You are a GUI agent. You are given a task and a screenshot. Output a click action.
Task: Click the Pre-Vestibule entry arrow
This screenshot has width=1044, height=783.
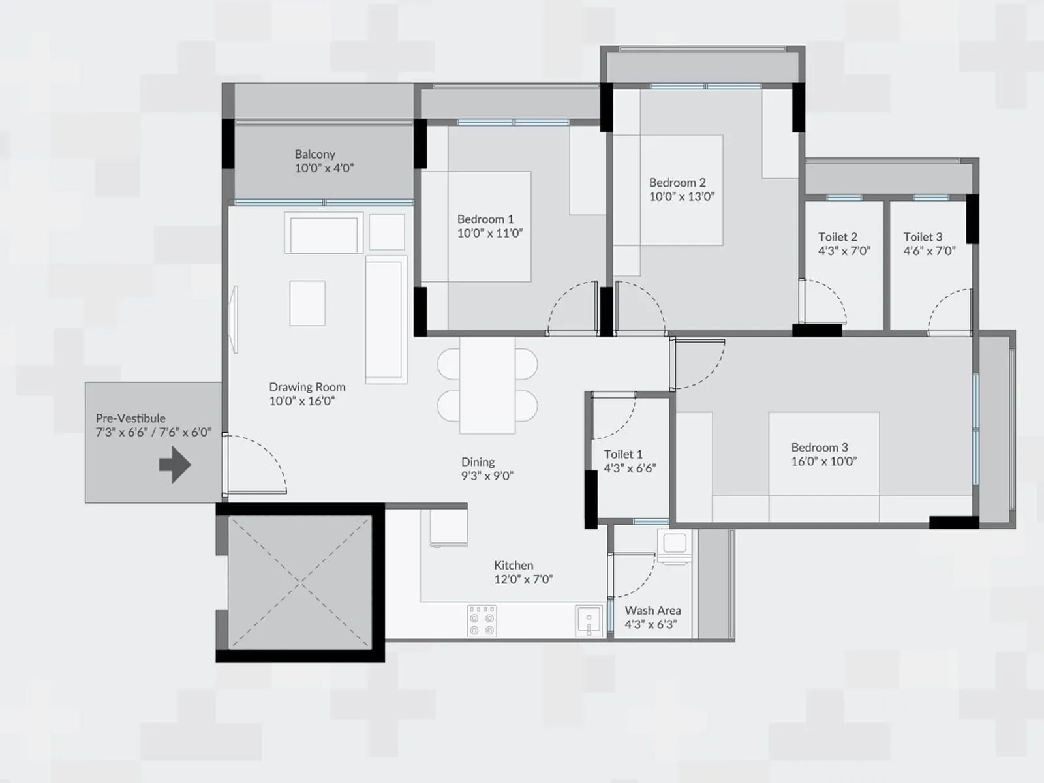tap(175, 465)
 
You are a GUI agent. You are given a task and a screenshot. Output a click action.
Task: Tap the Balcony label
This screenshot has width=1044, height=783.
tap(315, 154)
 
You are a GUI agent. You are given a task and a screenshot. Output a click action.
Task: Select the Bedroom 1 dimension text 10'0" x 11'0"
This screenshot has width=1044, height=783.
tap(490, 233)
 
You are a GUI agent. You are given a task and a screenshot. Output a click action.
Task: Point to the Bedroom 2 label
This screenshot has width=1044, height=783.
tap(677, 183)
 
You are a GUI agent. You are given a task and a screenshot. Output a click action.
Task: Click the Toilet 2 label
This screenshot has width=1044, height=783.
tap(838, 237)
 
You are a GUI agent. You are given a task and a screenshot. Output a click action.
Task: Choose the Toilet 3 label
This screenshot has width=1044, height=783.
tap(923, 237)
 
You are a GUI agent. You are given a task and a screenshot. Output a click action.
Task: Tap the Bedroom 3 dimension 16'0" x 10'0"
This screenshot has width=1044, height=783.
tap(824, 461)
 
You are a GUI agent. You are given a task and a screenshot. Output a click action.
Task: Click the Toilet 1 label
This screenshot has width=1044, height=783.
tap(623, 454)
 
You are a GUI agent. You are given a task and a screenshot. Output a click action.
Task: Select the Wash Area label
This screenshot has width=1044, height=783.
tap(652, 610)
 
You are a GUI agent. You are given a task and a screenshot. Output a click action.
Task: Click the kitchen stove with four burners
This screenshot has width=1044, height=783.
tap(482, 621)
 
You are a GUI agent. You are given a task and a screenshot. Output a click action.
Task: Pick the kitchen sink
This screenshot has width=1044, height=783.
tap(589, 621)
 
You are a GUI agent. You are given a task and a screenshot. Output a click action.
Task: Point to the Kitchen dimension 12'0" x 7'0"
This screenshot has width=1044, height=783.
tap(523, 579)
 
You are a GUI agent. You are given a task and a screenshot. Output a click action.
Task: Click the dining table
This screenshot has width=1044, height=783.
tap(487, 385)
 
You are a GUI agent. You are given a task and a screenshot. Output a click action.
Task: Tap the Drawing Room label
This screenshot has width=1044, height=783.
tap(307, 387)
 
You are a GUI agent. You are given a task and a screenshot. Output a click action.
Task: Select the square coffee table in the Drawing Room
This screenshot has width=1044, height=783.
tap(307, 303)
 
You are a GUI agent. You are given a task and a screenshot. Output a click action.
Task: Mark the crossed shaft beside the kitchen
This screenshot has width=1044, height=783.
tap(299, 582)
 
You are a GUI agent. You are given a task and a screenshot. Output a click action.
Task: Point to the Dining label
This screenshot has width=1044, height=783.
tap(478, 462)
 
